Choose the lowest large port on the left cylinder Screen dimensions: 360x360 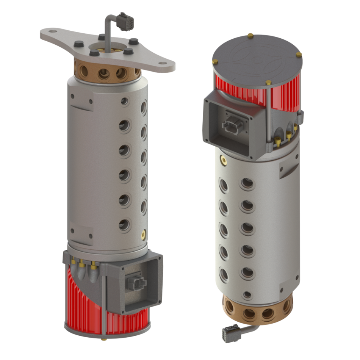pos(124,224)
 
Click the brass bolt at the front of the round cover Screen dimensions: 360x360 pos(269,83)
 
